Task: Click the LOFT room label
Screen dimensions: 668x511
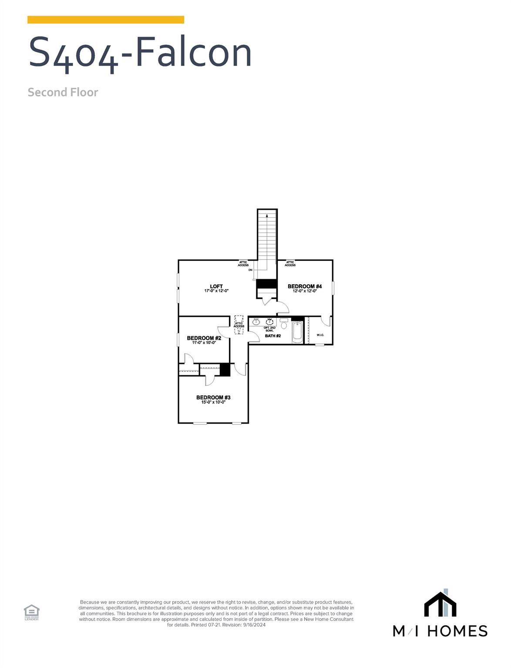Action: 216,287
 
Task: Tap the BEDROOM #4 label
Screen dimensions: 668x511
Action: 305,286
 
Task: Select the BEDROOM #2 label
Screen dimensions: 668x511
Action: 204,338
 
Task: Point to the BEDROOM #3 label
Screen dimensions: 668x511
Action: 213,397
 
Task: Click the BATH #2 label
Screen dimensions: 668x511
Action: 273,336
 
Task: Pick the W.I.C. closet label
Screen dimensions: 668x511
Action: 320,335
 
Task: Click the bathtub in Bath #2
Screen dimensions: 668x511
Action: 297,333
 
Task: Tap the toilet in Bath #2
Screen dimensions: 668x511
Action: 284,324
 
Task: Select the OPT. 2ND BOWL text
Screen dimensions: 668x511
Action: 269,329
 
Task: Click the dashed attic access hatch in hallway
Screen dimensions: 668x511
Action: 239,324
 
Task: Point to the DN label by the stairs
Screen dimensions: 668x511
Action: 250,270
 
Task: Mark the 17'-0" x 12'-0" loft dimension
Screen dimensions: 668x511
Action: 216,291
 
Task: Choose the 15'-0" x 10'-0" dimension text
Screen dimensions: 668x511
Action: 213,402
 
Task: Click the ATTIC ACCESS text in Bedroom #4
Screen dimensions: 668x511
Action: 290,264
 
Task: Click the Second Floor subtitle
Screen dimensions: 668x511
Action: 63,92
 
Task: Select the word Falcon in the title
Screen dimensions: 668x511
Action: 194,52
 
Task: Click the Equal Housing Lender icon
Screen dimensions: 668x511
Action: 31,611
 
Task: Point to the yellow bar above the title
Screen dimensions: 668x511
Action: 106,20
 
